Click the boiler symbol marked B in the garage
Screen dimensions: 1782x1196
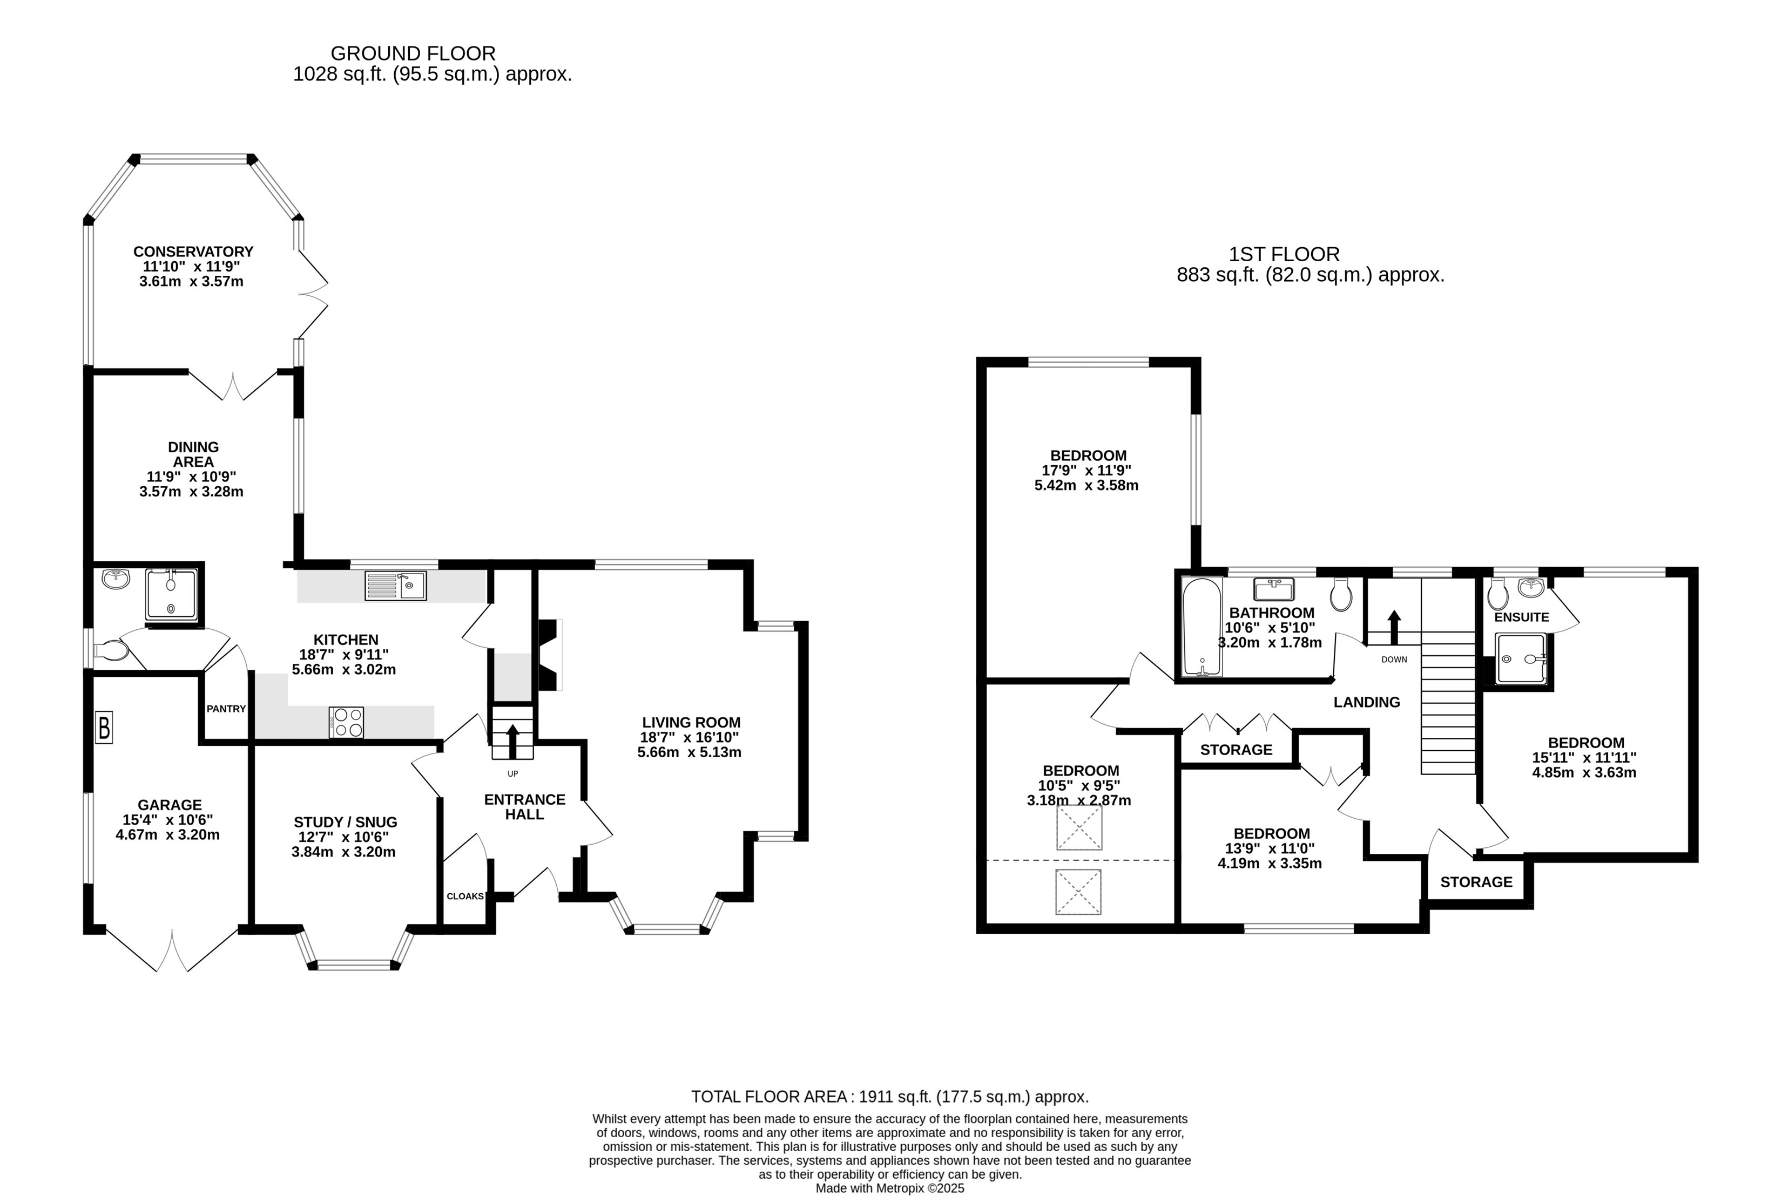point(104,727)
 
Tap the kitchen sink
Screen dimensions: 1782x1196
point(395,585)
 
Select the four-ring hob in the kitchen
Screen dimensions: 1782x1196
point(347,722)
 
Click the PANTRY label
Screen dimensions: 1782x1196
point(226,709)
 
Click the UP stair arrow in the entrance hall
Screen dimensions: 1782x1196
point(512,742)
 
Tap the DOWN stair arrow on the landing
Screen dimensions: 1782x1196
point(1394,627)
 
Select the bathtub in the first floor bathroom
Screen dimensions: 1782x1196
point(1202,628)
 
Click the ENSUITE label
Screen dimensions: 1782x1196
point(1522,617)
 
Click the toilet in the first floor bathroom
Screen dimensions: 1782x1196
point(1341,594)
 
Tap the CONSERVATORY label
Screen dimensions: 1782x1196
point(193,252)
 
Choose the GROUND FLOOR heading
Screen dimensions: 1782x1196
point(413,53)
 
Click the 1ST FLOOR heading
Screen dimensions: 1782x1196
point(1285,254)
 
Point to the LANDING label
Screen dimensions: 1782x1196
point(1367,702)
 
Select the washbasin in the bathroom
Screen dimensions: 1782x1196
point(1274,589)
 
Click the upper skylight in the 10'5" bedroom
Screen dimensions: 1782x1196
point(1079,827)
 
